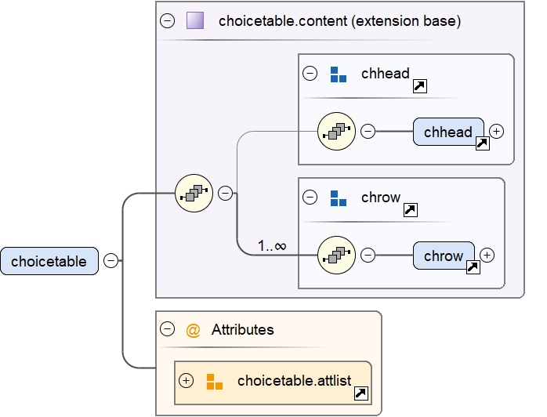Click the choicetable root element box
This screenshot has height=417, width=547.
[49, 261]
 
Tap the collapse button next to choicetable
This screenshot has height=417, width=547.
[111, 261]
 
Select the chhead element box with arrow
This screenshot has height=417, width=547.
[448, 132]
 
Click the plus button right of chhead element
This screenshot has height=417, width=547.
[496, 131]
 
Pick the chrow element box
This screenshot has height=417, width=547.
[444, 256]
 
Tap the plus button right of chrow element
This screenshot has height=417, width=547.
[487, 255]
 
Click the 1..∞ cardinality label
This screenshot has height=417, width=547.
[272, 246]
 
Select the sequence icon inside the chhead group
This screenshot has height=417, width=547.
[336, 132]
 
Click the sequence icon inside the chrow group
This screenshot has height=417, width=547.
[336, 256]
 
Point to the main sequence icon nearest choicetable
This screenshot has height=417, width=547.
[194, 193]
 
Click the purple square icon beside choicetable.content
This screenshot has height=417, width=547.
[195, 21]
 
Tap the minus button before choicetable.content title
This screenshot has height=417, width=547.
[168, 21]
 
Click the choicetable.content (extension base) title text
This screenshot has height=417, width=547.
[339, 21]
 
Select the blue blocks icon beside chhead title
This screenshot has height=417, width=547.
[338, 74]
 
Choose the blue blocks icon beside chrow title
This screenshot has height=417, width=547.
[338, 198]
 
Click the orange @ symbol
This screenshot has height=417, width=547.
[193, 330]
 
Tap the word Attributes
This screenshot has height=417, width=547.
[243, 330]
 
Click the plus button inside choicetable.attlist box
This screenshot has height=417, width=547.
[186, 381]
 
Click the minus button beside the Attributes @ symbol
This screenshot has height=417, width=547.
[167, 329]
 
